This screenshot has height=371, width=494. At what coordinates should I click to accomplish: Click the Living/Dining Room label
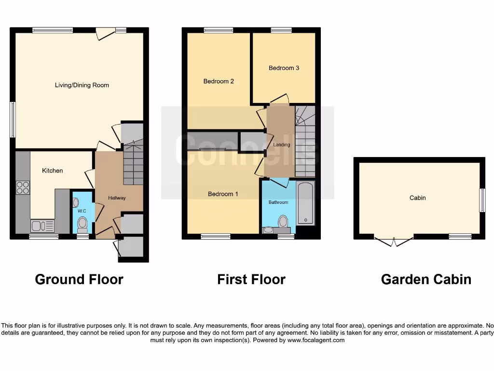[82, 86]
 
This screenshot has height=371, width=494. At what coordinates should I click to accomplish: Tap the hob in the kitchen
[23, 187]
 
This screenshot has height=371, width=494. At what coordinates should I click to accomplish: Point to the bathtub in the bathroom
[306, 203]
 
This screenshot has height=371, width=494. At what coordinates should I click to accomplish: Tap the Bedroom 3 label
[284, 68]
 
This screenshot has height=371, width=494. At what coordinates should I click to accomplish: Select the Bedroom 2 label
[219, 81]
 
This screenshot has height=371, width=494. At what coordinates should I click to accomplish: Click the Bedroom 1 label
[223, 194]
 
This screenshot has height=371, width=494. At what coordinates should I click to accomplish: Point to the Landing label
[281, 145]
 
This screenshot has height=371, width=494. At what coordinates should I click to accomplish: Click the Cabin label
[418, 198]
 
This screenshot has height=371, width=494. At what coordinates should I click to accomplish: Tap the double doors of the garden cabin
[394, 241]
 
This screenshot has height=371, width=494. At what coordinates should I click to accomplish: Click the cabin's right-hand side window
[482, 200]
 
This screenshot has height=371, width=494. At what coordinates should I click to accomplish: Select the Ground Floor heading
[79, 279]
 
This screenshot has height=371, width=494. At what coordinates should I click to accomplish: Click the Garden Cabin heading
[426, 279]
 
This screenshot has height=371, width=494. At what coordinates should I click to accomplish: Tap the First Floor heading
[251, 279]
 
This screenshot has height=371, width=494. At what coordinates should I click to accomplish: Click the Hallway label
[117, 198]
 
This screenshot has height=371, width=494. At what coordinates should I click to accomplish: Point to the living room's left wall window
[13, 119]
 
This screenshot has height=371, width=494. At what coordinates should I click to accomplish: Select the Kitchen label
[53, 171]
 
